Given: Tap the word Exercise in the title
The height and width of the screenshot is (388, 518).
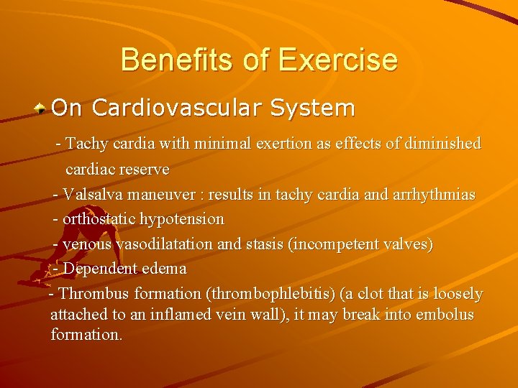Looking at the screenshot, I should [x=337, y=60].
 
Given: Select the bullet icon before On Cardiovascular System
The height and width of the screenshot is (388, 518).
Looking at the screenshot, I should [x=42, y=108].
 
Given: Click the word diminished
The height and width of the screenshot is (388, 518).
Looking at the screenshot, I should [x=440, y=144].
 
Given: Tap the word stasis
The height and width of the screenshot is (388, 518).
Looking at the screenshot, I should [x=265, y=244].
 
